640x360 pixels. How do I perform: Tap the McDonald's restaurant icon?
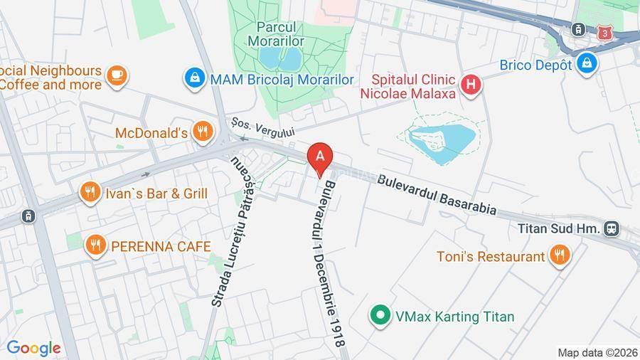pyautogui.click(x=203, y=132)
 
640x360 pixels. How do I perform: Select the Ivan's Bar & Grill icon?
pyautogui.click(x=90, y=193)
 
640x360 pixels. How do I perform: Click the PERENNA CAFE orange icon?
pyautogui.click(x=95, y=246)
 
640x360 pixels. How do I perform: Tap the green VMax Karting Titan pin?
pyautogui.click(x=381, y=315)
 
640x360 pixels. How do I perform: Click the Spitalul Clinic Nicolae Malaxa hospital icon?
pyautogui.click(x=470, y=86)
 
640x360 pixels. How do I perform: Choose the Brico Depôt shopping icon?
pyautogui.click(x=587, y=63)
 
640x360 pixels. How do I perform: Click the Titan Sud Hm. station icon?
pyautogui.click(x=611, y=228)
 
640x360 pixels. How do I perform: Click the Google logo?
pyautogui.click(x=33, y=348)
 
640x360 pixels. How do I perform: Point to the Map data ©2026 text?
pyautogui.click(x=597, y=352)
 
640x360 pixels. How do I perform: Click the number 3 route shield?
pyautogui.click(x=604, y=32)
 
